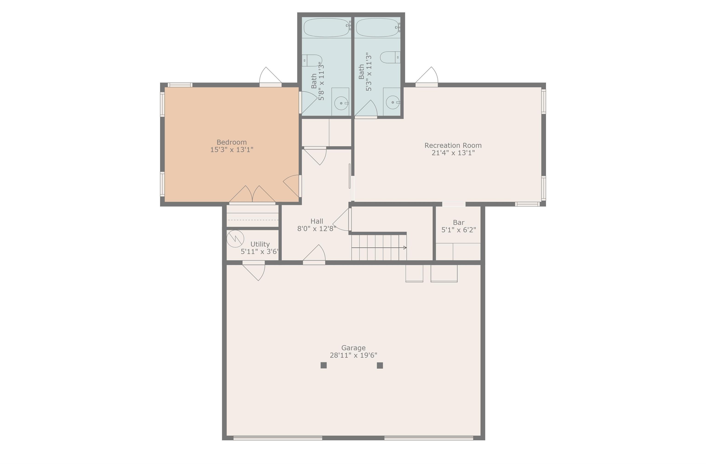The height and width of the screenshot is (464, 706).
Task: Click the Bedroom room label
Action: pyautogui.click(x=231, y=142)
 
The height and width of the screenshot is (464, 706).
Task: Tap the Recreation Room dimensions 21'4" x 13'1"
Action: pyautogui.click(x=453, y=153)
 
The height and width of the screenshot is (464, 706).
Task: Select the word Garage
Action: pyautogui.click(x=353, y=348)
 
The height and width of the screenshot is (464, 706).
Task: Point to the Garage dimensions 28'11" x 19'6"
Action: pyautogui.click(x=353, y=355)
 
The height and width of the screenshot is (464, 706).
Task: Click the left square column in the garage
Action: pyautogui.click(x=324, y=365)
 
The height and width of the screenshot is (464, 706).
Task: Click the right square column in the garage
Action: pyautogui.click(x=380, y=365)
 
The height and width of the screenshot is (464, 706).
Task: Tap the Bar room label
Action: pyautogui.click(x=459, y=222)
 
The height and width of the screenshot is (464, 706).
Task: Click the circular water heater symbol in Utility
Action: pyautogui.click(x=235, y=239)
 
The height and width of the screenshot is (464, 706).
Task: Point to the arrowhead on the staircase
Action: pyautogui.click(x=405, y=248)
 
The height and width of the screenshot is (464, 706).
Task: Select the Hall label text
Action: pyautogui.click(x=317, y=221)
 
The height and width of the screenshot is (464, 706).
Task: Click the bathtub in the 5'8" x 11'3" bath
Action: pyautogui.click(x=326, y=28)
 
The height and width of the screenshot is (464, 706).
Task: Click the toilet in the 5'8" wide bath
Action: pyautogui.click(x=312, y=60)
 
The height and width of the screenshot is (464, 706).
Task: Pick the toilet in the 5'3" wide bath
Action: pyautogui.click(x=390, y=57)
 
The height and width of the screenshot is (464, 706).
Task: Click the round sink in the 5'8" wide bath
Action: pyautogui.click(x=342, y=103)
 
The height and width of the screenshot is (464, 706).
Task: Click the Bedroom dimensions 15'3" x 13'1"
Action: pyautogui.click(x=232, y=150)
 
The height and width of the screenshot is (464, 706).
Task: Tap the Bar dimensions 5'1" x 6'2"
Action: pyautogui.click(x=459, y=230)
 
